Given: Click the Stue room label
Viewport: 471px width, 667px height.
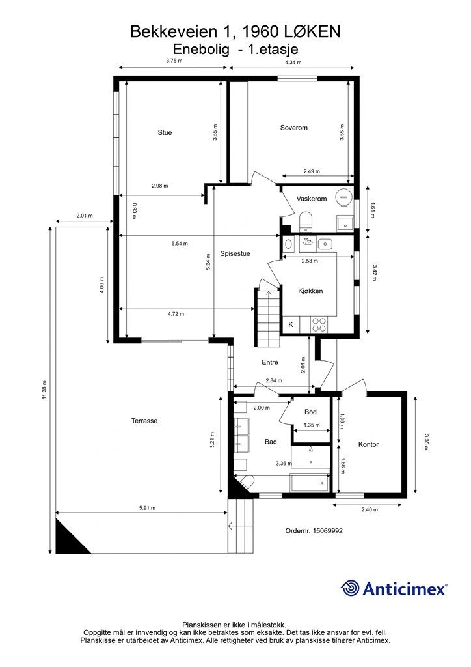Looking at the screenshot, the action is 165,132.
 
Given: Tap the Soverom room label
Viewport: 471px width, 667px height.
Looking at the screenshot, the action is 293,128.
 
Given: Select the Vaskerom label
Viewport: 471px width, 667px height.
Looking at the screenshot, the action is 312,199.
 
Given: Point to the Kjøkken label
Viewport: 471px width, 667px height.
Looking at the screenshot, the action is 310,291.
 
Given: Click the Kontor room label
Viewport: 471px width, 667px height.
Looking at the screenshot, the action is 368,444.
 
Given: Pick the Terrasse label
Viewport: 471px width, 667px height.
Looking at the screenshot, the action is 144,421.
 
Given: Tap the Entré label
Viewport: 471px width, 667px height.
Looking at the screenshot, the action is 270,362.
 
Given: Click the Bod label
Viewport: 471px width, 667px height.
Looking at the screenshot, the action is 310,412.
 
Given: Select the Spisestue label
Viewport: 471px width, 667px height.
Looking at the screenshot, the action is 235,253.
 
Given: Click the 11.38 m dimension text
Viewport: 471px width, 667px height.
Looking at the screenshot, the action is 44,390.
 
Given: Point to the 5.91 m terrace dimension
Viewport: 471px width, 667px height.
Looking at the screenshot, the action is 148,508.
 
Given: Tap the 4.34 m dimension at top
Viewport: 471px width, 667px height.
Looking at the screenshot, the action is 293,62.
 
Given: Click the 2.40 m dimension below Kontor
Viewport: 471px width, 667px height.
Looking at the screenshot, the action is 369,509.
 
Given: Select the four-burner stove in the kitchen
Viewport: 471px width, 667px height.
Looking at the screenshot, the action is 319,325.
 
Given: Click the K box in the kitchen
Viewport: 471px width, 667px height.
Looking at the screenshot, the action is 291,324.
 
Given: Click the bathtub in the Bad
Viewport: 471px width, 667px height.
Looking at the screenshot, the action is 310,483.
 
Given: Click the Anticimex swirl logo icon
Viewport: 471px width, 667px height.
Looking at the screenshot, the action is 349,588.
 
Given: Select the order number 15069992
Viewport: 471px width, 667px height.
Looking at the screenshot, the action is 327,530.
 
